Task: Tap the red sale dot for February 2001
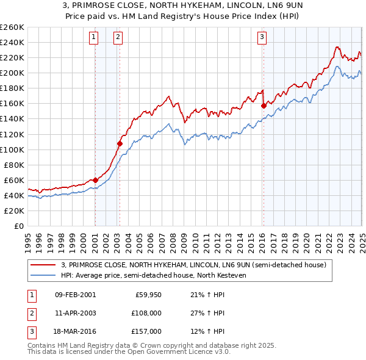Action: pyautogui.click(x=96, y=180)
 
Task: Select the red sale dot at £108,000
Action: pyautogui.click(x=120, y=143)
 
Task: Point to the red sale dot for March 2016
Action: pyautogui.click(x=264, y=106)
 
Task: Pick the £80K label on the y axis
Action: pyautogui.click(x=14, y=165)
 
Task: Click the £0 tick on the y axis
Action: pyautogui.click(x=19, y=226)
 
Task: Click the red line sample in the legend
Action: pyautogui.click(x=43, y=265)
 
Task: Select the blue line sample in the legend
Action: pyautogui.click(x=43, y=275)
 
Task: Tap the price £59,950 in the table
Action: pyautogui.click(x=148, y=295)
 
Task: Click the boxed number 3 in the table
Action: pyautogui.click(x=30, y=331)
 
